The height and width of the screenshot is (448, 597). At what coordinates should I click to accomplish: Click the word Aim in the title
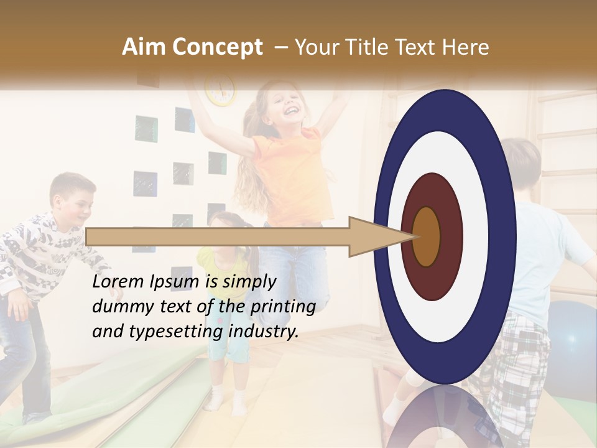point(144,47)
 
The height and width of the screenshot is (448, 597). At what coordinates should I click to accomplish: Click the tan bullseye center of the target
point(427,236)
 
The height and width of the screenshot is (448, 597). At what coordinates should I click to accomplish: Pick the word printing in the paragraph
point(282,307)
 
